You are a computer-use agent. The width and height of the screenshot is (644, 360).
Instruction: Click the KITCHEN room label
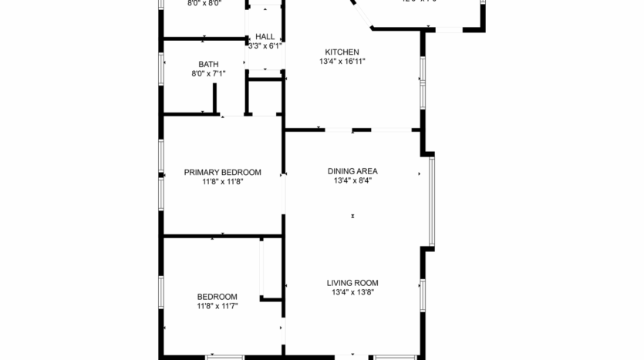pos(342,52)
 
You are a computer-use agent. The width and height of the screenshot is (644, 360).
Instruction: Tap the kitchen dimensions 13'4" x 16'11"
pos(342,62)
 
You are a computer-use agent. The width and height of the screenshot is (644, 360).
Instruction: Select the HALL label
pos(265,36)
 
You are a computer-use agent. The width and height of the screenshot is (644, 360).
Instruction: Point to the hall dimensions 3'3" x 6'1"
pos(265,46)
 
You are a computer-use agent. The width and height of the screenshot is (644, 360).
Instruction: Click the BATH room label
pos(208,65)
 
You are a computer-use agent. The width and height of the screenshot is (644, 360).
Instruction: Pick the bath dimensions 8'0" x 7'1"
pos(208,75)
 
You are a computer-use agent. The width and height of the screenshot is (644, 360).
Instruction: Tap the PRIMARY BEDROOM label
pos(222,172)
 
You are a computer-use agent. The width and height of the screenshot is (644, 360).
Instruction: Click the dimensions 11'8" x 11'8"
pos(222,182)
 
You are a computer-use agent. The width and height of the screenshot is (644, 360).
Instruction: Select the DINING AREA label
pos(352,171)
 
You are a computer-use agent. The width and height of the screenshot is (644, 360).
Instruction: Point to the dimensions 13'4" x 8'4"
pos(352,181)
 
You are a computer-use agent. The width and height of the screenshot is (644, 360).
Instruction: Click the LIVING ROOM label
pos(352,283)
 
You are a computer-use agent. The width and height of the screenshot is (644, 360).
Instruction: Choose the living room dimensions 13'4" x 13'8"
pos(352,293)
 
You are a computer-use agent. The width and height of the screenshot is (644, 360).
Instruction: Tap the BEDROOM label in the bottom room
pos(217,297)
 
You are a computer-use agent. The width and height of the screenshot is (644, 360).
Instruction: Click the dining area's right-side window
pos(432,200)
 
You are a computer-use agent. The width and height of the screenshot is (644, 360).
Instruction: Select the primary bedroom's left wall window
pos(161,173)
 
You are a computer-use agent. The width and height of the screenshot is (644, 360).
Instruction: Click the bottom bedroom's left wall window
pos(161,297)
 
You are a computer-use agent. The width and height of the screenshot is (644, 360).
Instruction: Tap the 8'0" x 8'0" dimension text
pos(204,3)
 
